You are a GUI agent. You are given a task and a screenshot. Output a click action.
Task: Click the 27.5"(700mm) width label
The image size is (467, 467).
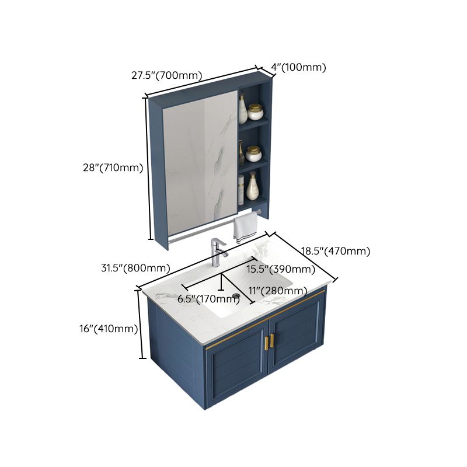[166, 75]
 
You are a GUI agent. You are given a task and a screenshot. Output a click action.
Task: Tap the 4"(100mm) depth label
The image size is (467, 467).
[298, 67]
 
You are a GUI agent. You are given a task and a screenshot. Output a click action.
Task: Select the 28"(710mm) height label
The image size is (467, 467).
[113, 168]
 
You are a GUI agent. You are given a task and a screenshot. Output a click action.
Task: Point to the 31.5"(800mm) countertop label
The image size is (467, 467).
[135, 269]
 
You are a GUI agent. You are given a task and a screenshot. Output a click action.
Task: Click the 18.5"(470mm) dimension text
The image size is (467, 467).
[336, 252]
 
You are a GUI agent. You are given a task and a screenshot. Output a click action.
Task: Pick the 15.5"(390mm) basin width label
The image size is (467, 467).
[280, 269]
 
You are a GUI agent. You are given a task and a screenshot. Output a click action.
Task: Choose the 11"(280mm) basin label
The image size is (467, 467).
[278, 290]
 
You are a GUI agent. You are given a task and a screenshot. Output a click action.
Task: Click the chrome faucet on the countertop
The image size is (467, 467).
[218, 253]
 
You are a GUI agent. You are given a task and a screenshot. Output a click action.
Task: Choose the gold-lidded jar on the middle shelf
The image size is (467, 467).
[254, 153]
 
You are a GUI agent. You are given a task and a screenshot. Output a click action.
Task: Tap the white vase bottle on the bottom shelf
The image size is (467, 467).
[253, 187]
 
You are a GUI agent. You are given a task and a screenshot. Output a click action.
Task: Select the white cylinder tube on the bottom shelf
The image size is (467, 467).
[241, 190]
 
